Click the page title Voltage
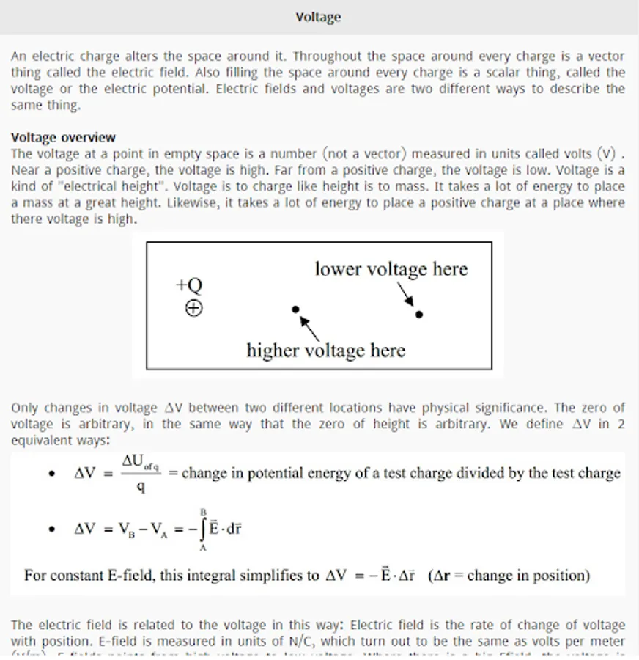[x=318, y=17]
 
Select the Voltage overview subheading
[x=63, y=137]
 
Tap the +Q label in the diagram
[x=189, y=285]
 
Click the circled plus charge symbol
[x=193, y=309]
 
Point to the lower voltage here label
[x=391, y=269]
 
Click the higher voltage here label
[x=325, y=350]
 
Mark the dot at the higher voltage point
[x=295, y=309]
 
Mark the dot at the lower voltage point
[x=419, y=314]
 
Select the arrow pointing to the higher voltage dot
[x=310, y=326]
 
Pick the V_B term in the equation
[x=132, y=529]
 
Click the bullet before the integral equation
[x=51, y=529]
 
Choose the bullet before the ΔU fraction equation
[x=51, y=474]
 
